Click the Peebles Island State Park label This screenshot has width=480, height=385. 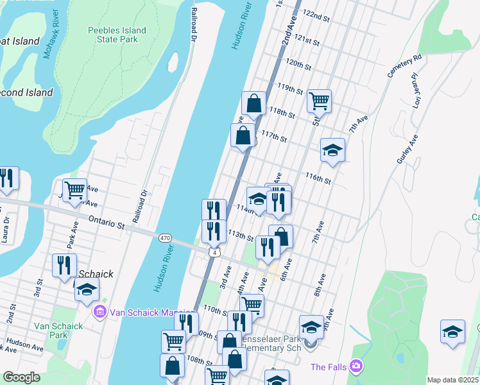coord(117,35)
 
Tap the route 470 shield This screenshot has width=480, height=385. coord(165,238)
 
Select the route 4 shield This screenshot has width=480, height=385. coord(210,252)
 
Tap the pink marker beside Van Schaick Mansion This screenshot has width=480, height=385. coord(99,312)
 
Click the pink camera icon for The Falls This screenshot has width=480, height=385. coord(356,367)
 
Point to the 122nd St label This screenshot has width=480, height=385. coord(316,14)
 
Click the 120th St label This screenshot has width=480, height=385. coord(298,64)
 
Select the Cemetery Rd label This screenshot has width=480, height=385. coord(405,66)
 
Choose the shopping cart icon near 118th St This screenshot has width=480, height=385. coord(319,101)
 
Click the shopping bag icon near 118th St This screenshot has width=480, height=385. coord(254,103)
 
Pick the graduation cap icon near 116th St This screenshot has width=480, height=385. coord(332,150)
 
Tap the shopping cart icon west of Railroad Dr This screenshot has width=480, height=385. coord(75,189)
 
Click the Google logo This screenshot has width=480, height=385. coord(21,377)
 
